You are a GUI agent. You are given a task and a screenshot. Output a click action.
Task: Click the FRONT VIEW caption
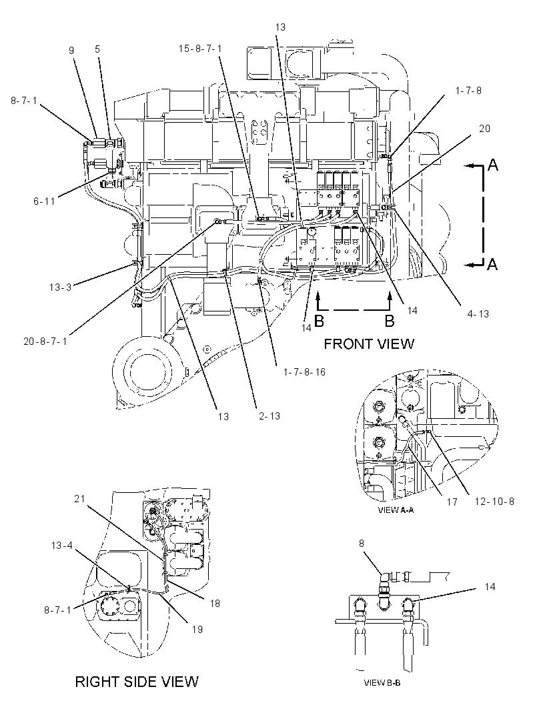click(369, 343)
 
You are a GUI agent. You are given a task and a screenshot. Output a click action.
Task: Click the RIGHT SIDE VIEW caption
click(137, 682)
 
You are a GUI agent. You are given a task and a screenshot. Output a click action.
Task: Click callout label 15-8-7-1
click(199, 49)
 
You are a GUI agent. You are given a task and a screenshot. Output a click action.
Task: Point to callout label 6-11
click(44, 200)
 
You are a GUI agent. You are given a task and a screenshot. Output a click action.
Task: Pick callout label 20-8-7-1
click(45, 341)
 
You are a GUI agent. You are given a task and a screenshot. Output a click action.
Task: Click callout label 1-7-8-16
click(304, 372)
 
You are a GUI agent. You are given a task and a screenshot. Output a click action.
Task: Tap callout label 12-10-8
click(494, 502)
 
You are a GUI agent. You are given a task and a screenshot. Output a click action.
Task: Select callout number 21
click(80, 499)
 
